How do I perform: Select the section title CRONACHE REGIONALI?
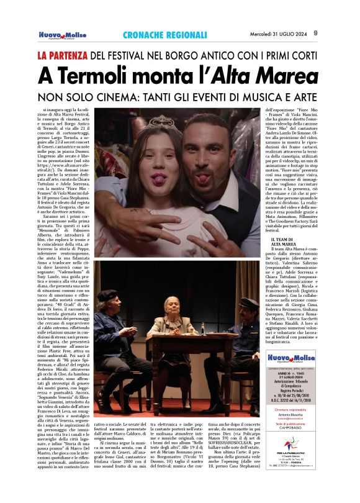(159, 35)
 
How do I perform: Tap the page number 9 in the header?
(315, 33)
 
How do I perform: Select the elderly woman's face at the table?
(171, 306)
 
